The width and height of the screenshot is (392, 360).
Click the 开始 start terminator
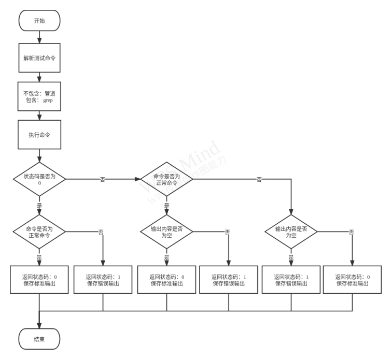tap(39, 20)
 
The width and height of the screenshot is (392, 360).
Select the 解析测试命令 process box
tap(39, 58)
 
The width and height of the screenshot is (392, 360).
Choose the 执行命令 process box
tap(39, 135)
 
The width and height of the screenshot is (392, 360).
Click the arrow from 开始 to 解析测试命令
tap(39, 37)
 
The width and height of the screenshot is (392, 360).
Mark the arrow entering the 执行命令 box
tap(39, 116)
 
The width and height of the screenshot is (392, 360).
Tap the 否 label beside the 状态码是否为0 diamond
tap(102, 179)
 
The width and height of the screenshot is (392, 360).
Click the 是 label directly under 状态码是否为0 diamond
tap(39, 206)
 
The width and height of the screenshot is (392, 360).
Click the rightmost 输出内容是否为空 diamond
tap(291, 232)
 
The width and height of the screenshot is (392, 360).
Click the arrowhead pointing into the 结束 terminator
tap(39, 324)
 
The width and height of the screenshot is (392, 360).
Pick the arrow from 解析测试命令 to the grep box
tap(39, 77)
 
